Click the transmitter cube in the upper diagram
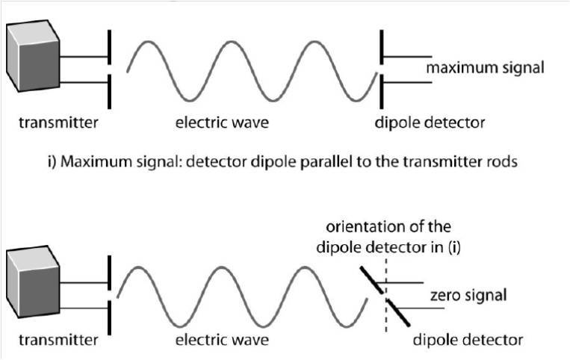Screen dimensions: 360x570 pos(31,60)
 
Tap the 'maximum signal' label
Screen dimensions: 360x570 pos(485,69)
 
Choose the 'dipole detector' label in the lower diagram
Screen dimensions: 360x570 pos(468,341)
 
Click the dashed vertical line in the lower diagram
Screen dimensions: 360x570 pos(386,314)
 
